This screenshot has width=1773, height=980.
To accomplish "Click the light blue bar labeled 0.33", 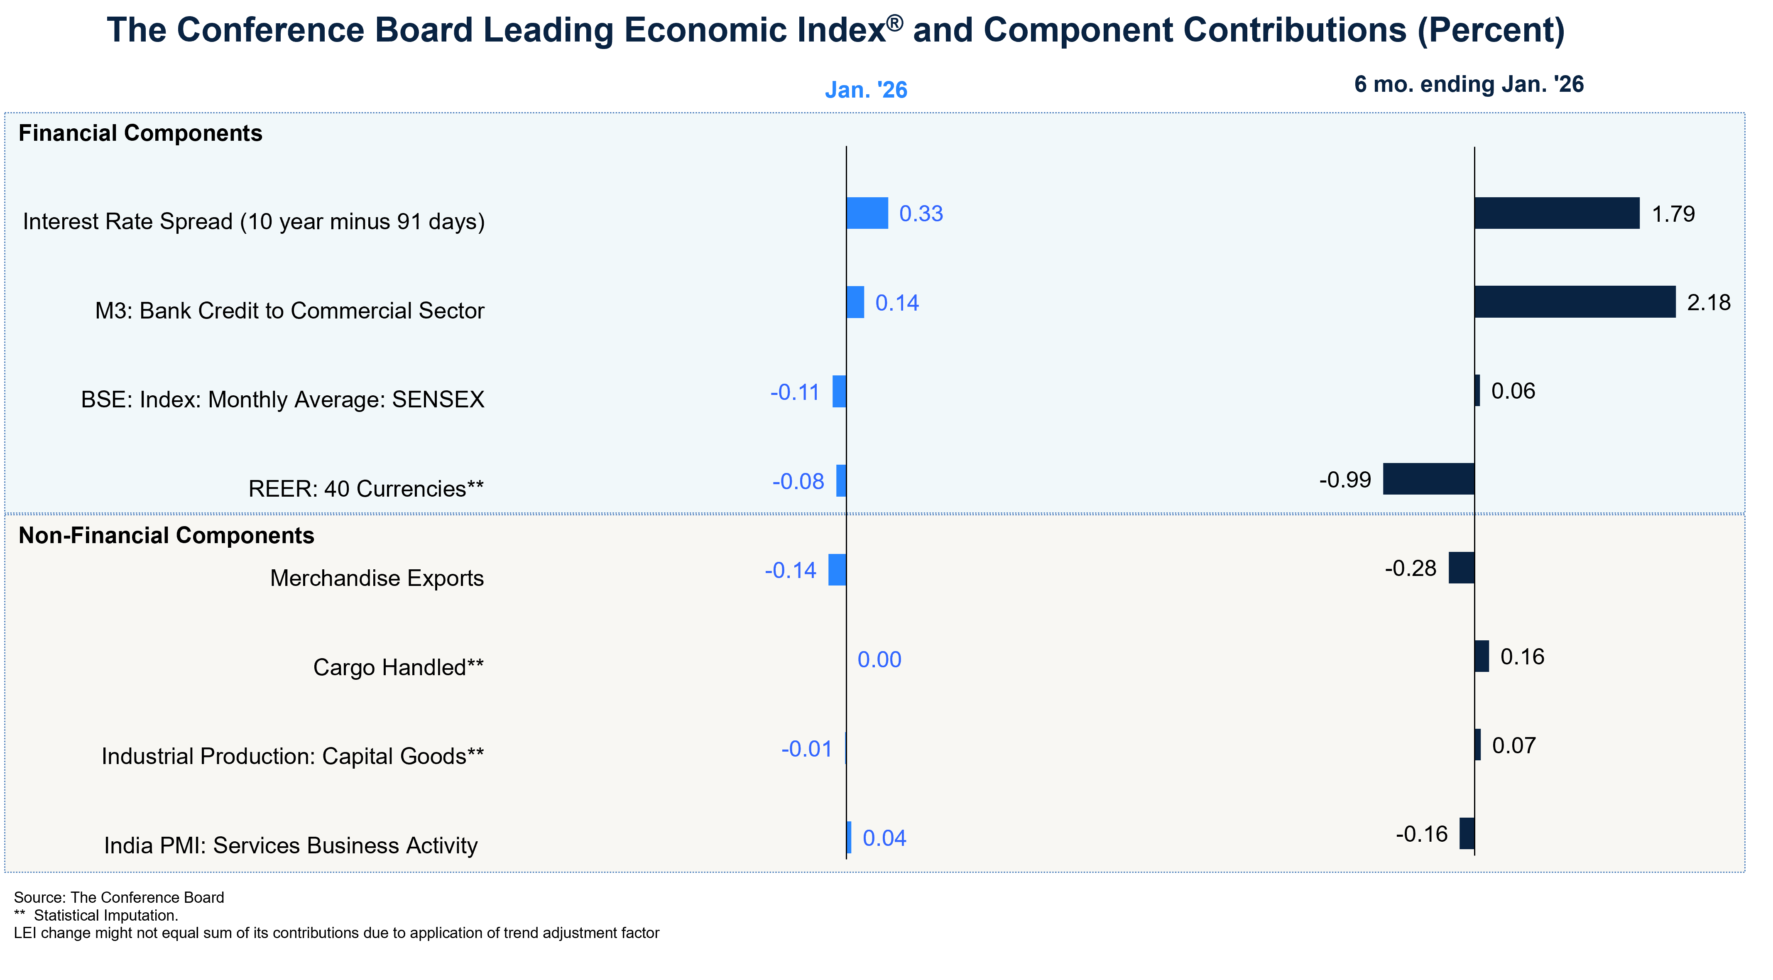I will [867, 213].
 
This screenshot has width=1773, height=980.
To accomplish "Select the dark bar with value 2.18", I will [1575, 302].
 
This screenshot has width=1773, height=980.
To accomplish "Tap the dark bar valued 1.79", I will [1557, 213].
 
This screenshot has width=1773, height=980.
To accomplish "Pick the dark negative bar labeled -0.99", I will [1429, 479].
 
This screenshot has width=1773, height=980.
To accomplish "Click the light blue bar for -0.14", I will [837, 570].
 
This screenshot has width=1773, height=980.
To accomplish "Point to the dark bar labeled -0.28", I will [1461, 568].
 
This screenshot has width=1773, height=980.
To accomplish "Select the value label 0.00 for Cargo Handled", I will [879, 660].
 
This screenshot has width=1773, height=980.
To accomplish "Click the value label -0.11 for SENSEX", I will [795, 392].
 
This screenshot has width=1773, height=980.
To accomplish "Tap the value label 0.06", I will [1513, 391].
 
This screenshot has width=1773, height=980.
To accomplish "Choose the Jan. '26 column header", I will [866, 90].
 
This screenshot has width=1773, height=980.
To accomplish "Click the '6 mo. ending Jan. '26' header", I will [1469, 84].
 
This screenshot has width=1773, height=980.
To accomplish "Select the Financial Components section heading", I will [140, 133].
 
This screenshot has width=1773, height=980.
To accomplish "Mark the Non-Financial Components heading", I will [167, 535].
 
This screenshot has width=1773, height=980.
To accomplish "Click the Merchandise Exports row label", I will [377, 578].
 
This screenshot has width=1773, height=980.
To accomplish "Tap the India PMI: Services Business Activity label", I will [291, 845].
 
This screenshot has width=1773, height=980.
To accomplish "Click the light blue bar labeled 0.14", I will [855, 302].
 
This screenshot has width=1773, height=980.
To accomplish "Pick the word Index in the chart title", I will [837, 30].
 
